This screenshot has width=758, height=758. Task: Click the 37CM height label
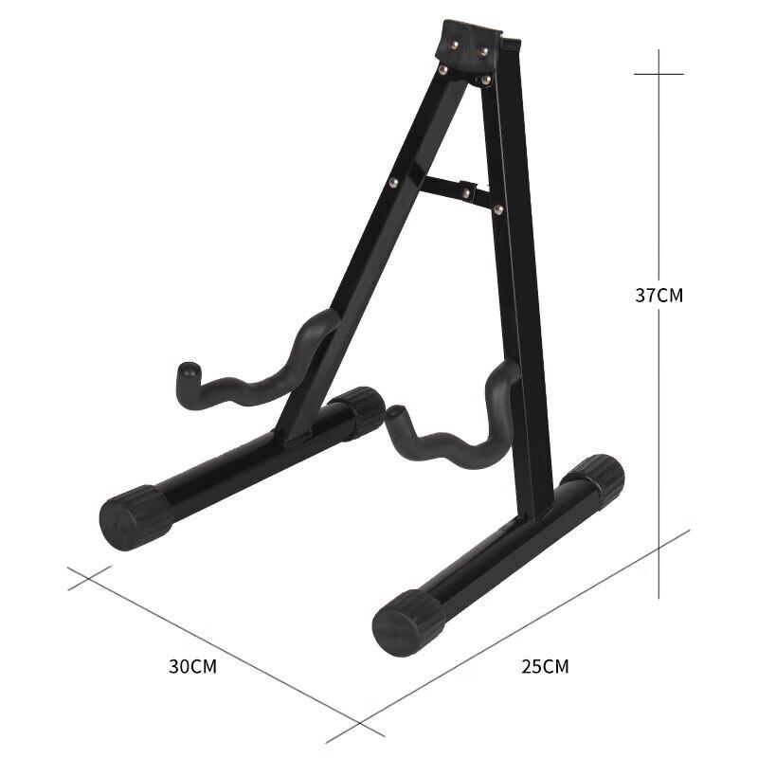coord(659,295)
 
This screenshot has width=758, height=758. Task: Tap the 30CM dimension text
coord(193,666)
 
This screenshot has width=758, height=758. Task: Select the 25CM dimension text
coord(545,666)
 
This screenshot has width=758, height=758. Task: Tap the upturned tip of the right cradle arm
coord(396,418)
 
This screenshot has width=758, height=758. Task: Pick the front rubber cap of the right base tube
coord(407,625)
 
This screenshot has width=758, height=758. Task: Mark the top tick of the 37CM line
coord(659,74)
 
